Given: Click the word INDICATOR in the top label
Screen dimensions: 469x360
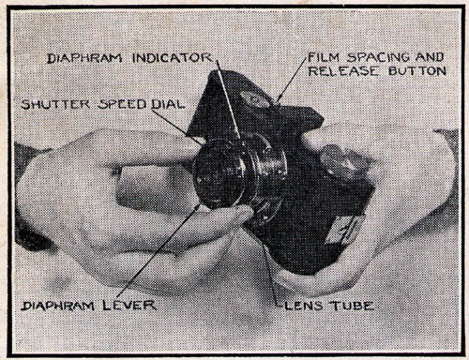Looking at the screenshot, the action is (173, 58).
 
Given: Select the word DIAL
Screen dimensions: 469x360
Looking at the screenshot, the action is (167, 104).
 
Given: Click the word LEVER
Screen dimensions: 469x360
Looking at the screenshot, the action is (129, 306).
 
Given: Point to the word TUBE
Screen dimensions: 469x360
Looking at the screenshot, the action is (352, 306).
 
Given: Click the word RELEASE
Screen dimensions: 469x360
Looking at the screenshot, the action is (343, 71).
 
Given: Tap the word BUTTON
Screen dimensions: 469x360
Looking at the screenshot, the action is (417, 71).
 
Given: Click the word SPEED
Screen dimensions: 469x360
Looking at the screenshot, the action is (122, 104).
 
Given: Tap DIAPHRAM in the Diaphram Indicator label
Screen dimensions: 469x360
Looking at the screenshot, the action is (84, 58).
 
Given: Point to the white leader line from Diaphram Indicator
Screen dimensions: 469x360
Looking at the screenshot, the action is (229, 99).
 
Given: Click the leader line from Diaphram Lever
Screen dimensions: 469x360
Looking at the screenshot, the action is (159, 250).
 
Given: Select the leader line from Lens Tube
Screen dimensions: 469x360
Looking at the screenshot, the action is (269, 272).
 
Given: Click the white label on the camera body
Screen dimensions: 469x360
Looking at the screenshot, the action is (344, 231).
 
